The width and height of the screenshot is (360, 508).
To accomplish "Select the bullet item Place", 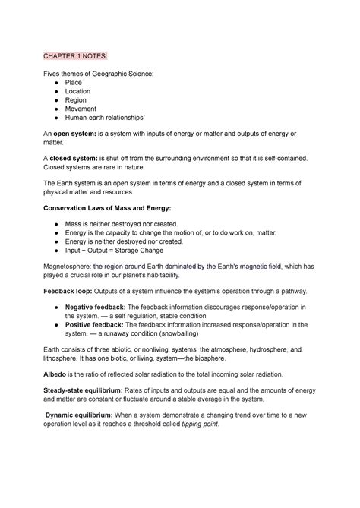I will (x=73, y=82).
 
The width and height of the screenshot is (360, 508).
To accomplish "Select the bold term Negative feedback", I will (x=98, y=308).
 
